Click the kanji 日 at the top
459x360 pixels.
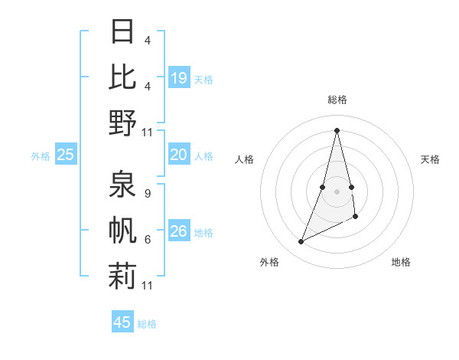pyautogui.click(x=122, y=33)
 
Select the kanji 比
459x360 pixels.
pyautogui.click(x=122, y=77)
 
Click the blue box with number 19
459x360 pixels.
pyautogui.click(x=179, y=77)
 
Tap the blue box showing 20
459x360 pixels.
pyautogui.click(x=179, y=155)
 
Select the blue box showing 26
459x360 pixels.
pyautogui.click(x=179, y=231)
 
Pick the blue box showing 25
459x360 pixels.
pyautogui.click(x=66, y=155)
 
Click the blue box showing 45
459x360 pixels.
pyautogui.click(x=122, y=322)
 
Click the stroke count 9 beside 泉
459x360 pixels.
pyautogui.click(x=147, y=194)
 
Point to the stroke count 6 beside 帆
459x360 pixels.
pyautogui.click(x=147, y=239)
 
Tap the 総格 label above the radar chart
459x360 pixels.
pyautogui.click(x=337, y=100)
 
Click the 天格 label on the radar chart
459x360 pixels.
pyautogui.click(x=430, y=159)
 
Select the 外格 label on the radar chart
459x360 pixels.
pyautogui.click(x=269, y=262)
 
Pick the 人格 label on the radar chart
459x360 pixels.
pyautogui.click(x=244, y=159)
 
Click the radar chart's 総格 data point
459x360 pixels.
pyautogui.click(x=337, y=130)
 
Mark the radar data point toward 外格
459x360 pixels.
pyautogui.click(x=301, y=242)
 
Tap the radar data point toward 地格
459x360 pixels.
pyautogui.click(x=356, y=218)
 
